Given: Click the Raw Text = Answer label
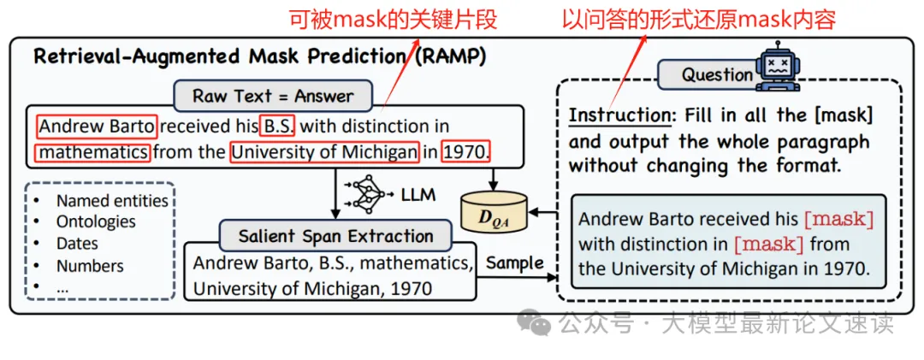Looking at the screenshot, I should (x=273, y=96).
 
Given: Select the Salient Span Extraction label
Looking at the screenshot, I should (x=335, y=236).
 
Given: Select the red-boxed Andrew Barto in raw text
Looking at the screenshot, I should (x=97, y=127).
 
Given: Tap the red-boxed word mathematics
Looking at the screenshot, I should (x=92, y=154).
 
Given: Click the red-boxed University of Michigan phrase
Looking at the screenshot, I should (x=323, y=154).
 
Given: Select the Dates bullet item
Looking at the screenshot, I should (x=77, y=244).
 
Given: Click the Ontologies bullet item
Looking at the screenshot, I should (x=96, y=222).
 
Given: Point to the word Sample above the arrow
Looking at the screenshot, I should (x=514, y=263).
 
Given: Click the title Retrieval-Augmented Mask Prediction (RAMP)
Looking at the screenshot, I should (x=259, y=57).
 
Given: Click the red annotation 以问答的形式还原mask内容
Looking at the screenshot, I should (x=698, y=18).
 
